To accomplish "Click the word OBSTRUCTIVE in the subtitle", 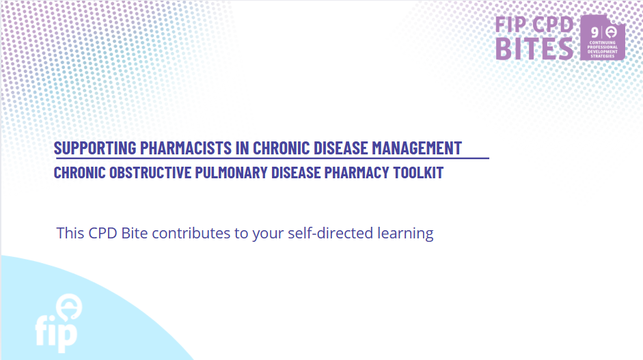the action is [150, 173].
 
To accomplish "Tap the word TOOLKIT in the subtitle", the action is [418, 173].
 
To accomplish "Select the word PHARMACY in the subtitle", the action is [357, 173].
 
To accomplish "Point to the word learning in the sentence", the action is [405, 234].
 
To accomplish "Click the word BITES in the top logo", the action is [534, 49].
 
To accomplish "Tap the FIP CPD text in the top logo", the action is [534, 25].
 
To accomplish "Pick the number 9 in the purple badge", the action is [594, 32].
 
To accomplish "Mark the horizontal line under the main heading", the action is [271, 158].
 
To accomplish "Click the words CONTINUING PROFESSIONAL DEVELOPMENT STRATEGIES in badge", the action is [603, 49].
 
